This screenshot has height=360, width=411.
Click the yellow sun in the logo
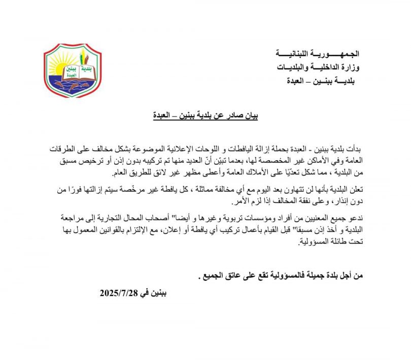coord(59,67)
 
